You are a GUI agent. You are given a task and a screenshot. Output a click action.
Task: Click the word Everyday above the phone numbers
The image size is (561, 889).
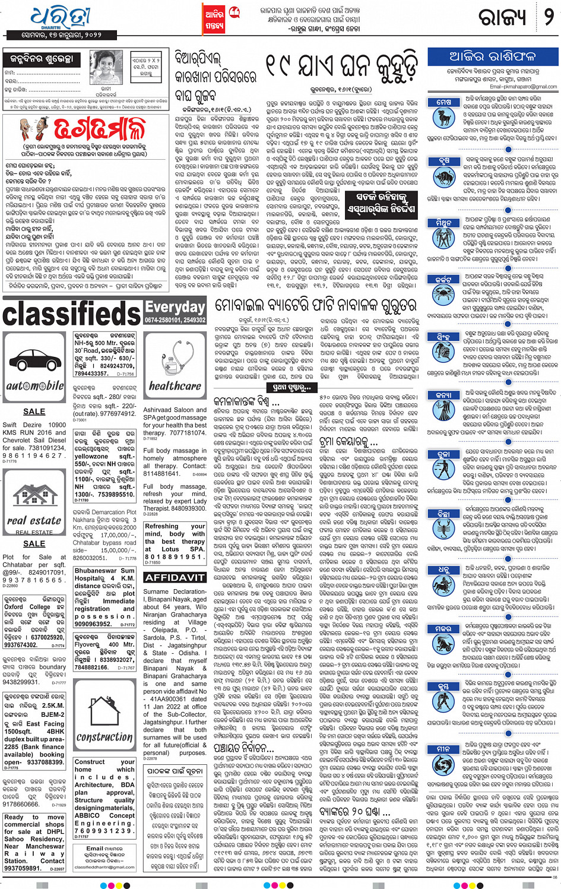coord(175,306)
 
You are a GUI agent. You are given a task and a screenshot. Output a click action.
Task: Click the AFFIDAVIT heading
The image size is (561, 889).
coord(175,577)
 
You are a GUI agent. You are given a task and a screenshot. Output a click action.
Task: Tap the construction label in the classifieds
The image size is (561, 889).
coord(104,736)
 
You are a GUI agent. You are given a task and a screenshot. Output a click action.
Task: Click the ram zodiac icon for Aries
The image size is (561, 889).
coord(444,119)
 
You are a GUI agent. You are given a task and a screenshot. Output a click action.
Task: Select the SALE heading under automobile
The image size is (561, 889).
coord(34,411)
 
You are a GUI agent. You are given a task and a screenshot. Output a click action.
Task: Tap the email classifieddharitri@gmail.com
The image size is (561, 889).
coord(104,868)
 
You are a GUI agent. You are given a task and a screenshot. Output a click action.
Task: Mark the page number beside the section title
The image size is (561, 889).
coord(549,17)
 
